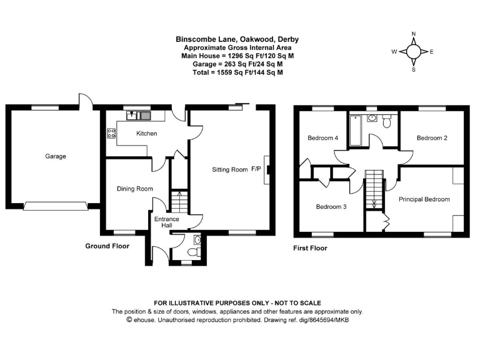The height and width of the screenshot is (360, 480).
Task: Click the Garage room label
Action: [x=55, y=156]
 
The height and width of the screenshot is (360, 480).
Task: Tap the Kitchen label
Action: [x=147, y=134]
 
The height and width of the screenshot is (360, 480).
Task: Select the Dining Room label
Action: [x=135, y=189]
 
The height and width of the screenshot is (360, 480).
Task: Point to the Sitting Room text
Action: [x=229, y=169]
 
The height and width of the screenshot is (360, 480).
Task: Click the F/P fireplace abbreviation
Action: [x=256, y=169]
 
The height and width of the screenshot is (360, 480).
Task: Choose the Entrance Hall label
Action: [x=167, y=222]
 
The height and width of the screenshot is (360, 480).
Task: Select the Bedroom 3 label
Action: [x=332, y=207]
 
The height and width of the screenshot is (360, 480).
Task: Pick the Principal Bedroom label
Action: [x=424, y=199]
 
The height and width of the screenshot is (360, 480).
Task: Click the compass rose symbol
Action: [x=414, y=52]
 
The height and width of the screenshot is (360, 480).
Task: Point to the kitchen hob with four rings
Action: [x=112, y=132]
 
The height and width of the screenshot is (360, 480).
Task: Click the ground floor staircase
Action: [x=179, y=201]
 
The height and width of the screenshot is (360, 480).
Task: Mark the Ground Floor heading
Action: [x=107, y=246]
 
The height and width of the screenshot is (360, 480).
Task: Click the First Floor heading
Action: [x=310, y=248]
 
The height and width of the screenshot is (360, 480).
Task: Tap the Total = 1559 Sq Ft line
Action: [x=237, y=72]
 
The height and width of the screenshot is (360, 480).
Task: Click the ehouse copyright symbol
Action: [x=129, y=319]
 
